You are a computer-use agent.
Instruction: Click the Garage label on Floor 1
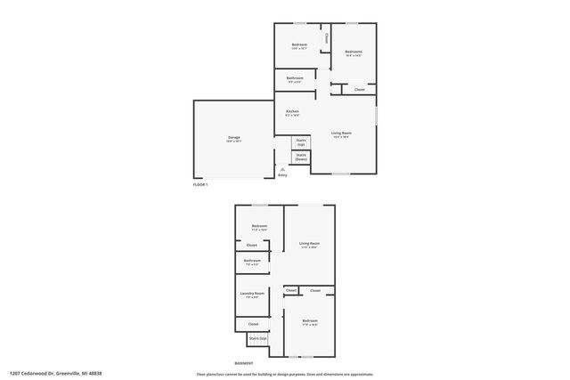(233, 138)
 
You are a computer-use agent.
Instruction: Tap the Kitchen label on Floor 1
(292, 112)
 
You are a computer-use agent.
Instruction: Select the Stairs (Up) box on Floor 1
(301, 141)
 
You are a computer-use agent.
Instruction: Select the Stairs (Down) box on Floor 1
(301, 158)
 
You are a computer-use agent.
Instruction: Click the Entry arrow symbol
(282, 169)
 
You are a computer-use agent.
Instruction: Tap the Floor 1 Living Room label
(340, 134)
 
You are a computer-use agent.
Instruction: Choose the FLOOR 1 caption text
(200, 184)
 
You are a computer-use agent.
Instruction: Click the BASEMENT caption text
(243, 363)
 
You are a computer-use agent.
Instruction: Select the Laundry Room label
(252, 295)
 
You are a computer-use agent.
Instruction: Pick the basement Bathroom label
(252, 262)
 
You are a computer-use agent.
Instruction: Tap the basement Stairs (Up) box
(257, 339)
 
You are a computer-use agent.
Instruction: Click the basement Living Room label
(309, 245)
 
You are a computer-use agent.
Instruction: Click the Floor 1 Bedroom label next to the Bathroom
(299, 45)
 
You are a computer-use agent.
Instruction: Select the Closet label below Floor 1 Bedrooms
(359, 90)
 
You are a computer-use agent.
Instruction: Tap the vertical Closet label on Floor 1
(327, 38)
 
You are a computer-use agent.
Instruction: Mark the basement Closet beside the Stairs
(253, 324)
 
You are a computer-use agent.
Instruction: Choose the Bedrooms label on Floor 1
(354, 53)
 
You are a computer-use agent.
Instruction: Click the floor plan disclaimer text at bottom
(285, 375)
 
